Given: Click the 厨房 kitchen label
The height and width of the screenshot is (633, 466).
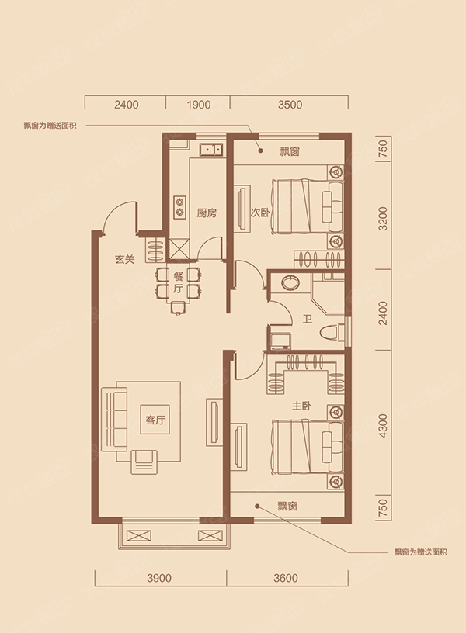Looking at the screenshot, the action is pos(207,213).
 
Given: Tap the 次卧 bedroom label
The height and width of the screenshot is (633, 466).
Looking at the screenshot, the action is pos(261,213).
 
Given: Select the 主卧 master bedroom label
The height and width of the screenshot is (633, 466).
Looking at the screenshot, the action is pos(301,406).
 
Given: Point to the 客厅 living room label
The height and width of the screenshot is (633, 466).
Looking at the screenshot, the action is pos(155,420).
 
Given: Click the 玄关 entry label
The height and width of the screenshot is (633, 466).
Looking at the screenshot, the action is pos(124,260).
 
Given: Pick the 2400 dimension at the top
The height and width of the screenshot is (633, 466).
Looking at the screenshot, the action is pos(127,105).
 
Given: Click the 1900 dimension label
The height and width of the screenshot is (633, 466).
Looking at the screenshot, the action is pos(199,105).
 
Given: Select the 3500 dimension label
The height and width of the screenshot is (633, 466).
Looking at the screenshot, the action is pos(290,105).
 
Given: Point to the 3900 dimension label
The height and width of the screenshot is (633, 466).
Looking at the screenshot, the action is pos(159,578).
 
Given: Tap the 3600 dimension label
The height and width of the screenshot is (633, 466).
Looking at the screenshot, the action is pos(286,578).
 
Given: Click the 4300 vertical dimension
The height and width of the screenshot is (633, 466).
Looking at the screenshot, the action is pos(383,426).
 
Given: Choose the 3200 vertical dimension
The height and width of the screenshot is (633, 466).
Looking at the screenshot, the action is pos(383,219).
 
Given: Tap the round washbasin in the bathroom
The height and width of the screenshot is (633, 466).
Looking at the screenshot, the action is pos(290,282).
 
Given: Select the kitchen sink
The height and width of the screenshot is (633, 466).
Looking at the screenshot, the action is pos(211,150).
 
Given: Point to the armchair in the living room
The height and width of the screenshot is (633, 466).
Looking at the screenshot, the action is pos(144,462).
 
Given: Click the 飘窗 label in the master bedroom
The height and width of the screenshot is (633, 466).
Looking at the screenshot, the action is pos(287,506).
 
